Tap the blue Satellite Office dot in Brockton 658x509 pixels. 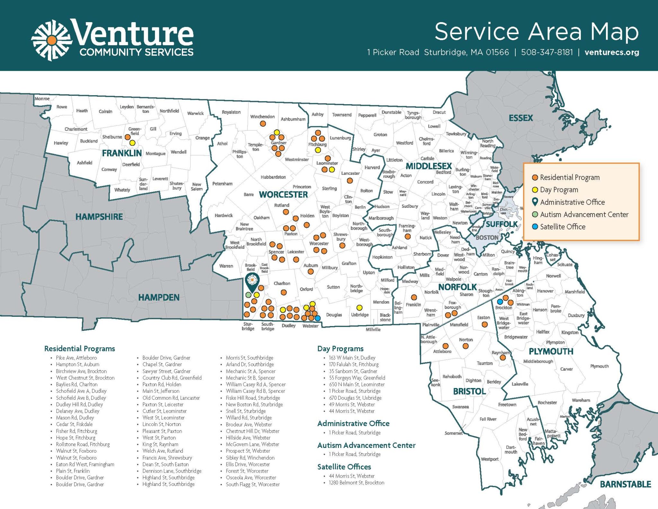tap(500, 302)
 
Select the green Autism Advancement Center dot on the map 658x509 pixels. tap(248, 295)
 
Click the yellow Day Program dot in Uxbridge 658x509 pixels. tap(360, 308)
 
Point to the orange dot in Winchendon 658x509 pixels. tap(263, 123)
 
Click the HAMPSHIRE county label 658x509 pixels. tap(99, 217)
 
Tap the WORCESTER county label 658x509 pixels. tap(283, 195)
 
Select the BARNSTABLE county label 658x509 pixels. tap(625, 484)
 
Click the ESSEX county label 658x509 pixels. tap(520, 118)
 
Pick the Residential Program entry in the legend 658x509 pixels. tap(569, 177)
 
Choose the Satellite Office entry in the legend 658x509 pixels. tap(562, 227)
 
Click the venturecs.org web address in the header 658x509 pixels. tap(612, 52)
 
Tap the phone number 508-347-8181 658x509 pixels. tap(547, 52)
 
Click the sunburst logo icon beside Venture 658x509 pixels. tap(51, 40)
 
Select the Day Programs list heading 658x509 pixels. tap(340, 349)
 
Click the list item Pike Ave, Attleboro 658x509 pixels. tap(76, 358)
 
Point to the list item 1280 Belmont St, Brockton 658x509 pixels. tap(356, 483)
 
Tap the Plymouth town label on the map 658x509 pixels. tap(599, 366)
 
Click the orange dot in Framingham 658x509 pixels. tap(407, 237)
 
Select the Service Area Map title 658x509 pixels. tap(536, 32)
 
